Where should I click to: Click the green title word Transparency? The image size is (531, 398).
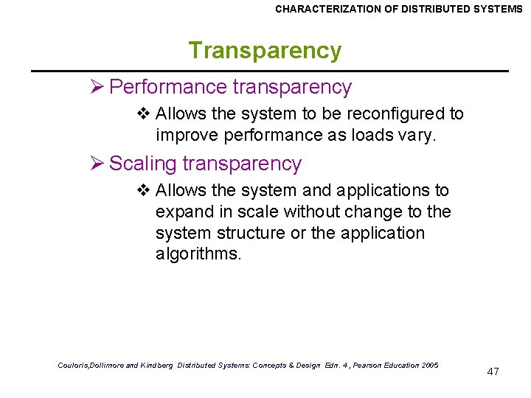265,51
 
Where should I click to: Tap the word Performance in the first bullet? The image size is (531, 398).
167,87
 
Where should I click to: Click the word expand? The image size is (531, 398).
181,212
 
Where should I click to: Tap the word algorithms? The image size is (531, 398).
198,254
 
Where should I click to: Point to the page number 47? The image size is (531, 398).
493,371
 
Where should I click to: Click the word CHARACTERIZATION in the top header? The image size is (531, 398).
330,9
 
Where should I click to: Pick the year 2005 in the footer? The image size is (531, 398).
427,366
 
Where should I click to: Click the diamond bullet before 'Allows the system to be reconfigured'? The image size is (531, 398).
144,114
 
